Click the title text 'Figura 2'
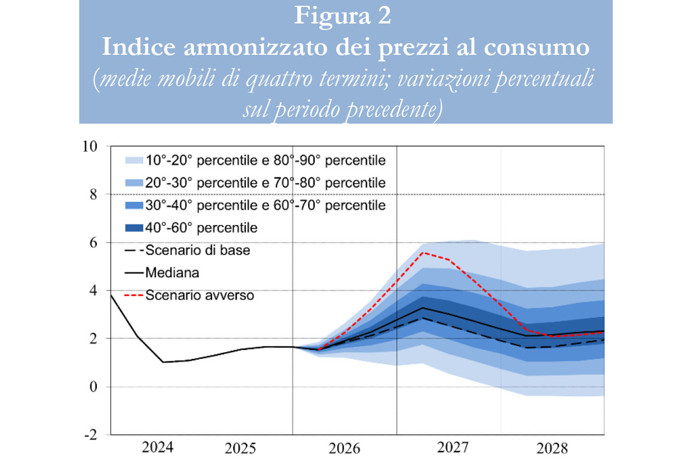coord(343,15)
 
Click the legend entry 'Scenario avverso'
coord(200,296)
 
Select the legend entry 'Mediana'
coord(172,273)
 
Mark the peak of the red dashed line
coord(423,252)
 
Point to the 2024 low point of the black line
coord(163,362)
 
